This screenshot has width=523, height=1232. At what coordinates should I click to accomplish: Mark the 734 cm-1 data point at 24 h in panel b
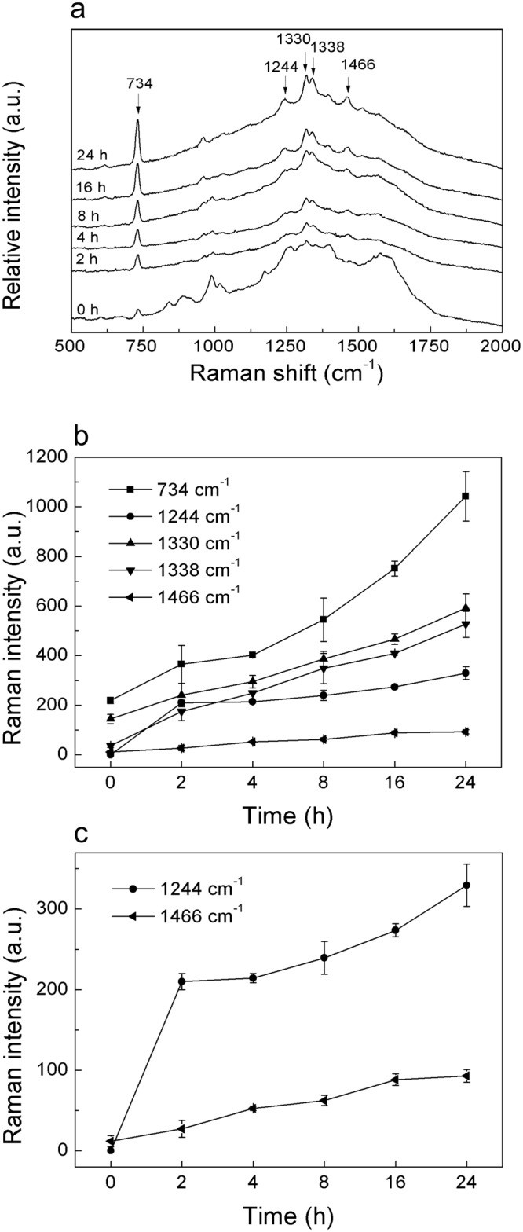click(466, 496)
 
